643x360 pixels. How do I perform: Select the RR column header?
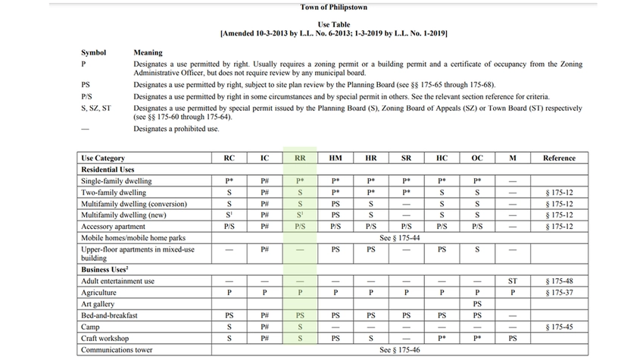[x=300, y=158]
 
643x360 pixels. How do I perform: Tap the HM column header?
[x=336, y=158]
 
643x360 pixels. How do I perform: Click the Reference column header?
[x=559, y=158]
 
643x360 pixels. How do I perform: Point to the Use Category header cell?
[x=103, y=158]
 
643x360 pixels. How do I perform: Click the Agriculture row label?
[x=98, y=293]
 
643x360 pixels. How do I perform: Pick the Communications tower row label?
[x=117, y=350]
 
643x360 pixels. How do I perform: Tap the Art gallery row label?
[x=98, y=304]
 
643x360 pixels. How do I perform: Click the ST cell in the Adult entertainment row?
[x=513, y=281]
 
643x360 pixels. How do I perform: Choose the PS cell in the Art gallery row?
[x=477, y=304]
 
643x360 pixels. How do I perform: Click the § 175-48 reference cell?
[x=559, y=281]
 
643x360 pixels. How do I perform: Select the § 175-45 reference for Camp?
[x=559, y=327]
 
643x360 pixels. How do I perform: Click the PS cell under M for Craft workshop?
[x=513, y=339]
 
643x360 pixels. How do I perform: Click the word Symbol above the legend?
[x=93, y=53]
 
